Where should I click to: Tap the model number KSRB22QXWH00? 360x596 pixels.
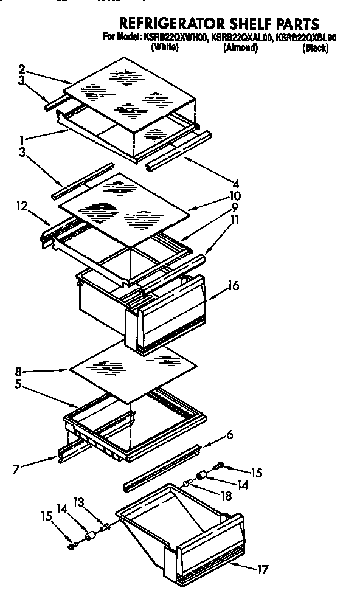click(x=175, y=38)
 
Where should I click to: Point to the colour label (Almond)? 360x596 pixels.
click(x=240, y=48)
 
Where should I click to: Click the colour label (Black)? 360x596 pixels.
click(x=315, y=48)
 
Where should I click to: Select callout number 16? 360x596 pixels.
click(x=234, y=285)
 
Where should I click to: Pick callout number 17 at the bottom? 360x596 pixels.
click(x=262, y=570)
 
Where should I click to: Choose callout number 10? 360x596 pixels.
click(x=234, y=196)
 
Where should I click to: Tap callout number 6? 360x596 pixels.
click(x=229, y=435)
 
